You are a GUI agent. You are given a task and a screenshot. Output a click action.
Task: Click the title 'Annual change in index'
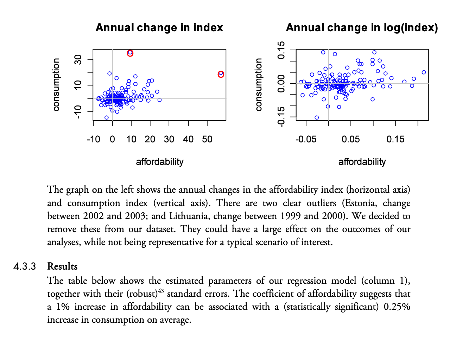(x=159, y=28)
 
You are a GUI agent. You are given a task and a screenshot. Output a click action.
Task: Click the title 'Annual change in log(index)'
(x=362, y=28)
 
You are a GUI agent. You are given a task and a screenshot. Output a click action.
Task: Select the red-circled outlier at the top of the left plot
(x=130, y=53)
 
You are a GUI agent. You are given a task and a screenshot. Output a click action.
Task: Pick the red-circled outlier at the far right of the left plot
(x=221, y=74)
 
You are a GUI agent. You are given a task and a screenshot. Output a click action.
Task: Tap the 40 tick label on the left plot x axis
(x=188, y=140)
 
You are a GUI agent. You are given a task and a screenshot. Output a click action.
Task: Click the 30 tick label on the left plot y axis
(x=78, y=60)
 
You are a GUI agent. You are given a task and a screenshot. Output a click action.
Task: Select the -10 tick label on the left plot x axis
(x=93, y=140)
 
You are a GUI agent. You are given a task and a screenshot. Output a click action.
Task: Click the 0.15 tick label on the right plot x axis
(x=395, y=140)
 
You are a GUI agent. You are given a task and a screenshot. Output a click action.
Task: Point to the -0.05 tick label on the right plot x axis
(x=306, y=140)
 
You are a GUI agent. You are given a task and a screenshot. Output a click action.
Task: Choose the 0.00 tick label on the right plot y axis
(x=281, y=84)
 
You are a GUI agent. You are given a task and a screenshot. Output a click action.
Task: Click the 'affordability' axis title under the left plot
(x=160, y=162)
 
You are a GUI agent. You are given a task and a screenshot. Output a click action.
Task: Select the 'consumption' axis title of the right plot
(x=259, y=85)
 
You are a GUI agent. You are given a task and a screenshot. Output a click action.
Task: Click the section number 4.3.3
(x=25, y=266)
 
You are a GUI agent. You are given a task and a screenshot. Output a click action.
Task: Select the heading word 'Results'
(x=62, y=266)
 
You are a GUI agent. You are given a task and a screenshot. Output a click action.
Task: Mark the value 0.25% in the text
(x=397, y=307)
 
